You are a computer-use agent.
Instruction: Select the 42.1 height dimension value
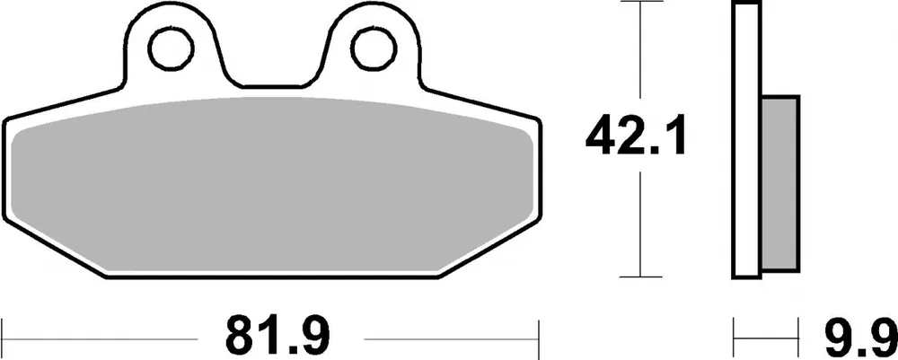[x=637, y=138]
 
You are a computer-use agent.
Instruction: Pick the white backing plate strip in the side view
[x=746, y=139]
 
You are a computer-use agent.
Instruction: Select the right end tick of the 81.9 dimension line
[x=541, y=334]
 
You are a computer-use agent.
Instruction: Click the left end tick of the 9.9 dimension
[x=735, y=334]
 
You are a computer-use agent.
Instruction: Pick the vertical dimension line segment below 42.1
[x=638, y=224]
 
